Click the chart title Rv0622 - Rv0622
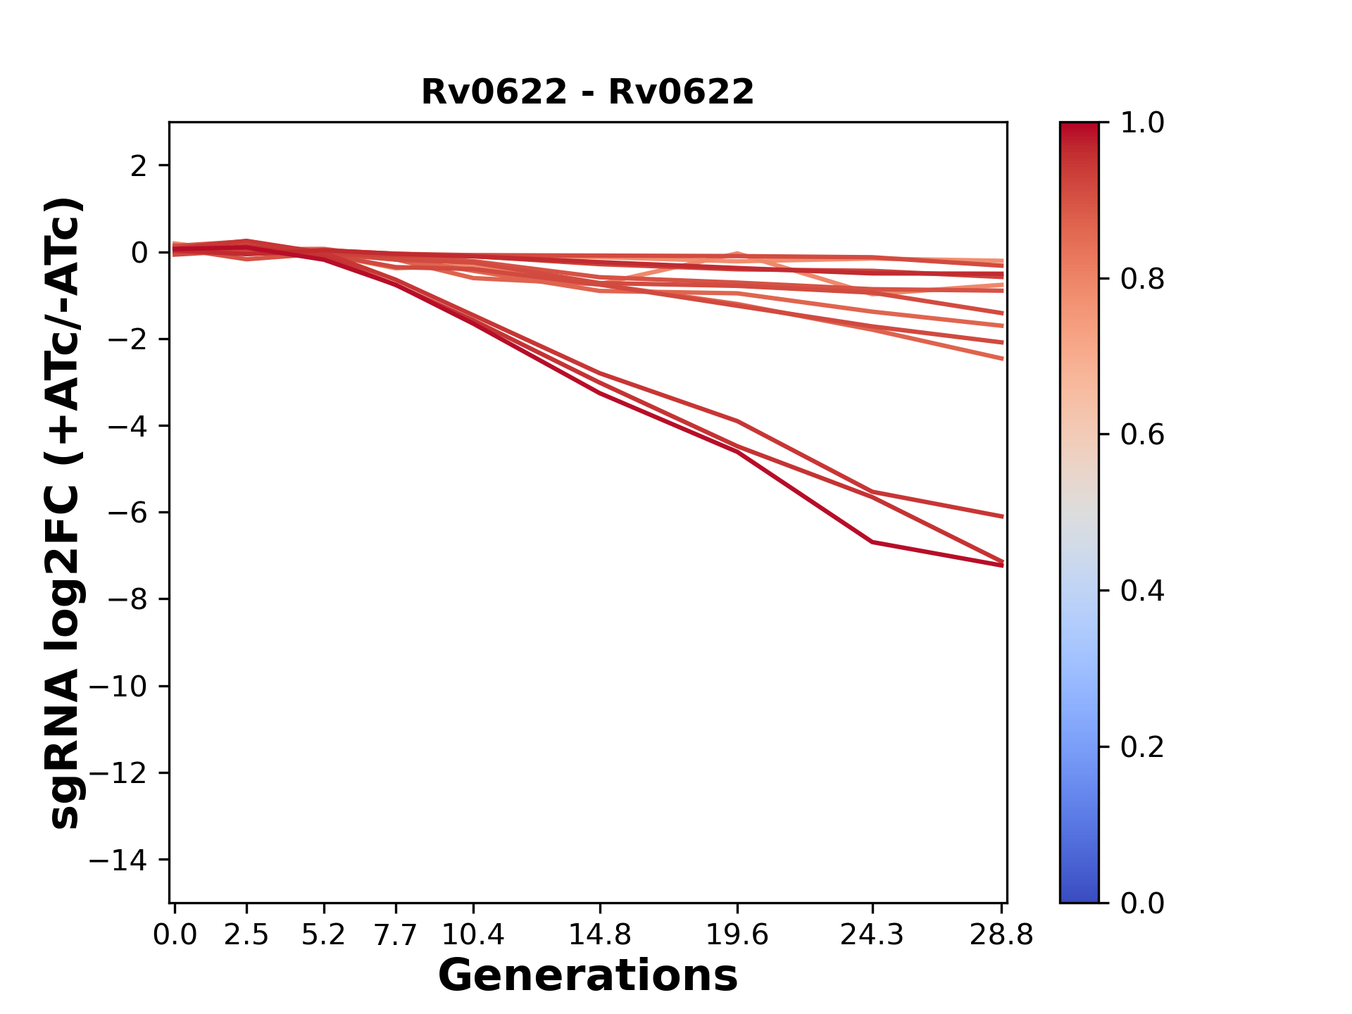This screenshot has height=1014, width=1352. click(587, 92)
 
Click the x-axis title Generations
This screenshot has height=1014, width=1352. click(587, 976)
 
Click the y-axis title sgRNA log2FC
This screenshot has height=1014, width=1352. click(64, 512)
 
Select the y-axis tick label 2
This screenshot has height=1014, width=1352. click(139, 166)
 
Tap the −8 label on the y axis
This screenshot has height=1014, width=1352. click(127, 599)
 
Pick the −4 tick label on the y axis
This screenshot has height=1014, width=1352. click(127, 426)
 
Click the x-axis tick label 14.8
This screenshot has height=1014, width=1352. click(599, 935)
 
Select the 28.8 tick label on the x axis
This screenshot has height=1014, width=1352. click(1001, 935)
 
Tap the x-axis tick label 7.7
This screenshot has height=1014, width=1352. click(396, 935)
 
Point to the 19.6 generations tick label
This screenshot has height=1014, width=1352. click(737, 935)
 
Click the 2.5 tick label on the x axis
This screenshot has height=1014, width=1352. click(246, 935)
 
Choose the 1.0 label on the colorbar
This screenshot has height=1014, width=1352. click(1142, 123)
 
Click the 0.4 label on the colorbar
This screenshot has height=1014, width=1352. click(1142, 591)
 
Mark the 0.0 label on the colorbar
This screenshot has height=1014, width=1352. click(1142, 903)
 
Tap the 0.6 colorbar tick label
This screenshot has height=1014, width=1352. click(1142, 435)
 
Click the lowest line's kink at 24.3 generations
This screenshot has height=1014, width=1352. click(872, 542)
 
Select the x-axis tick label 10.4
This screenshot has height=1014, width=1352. click(472, 935)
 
